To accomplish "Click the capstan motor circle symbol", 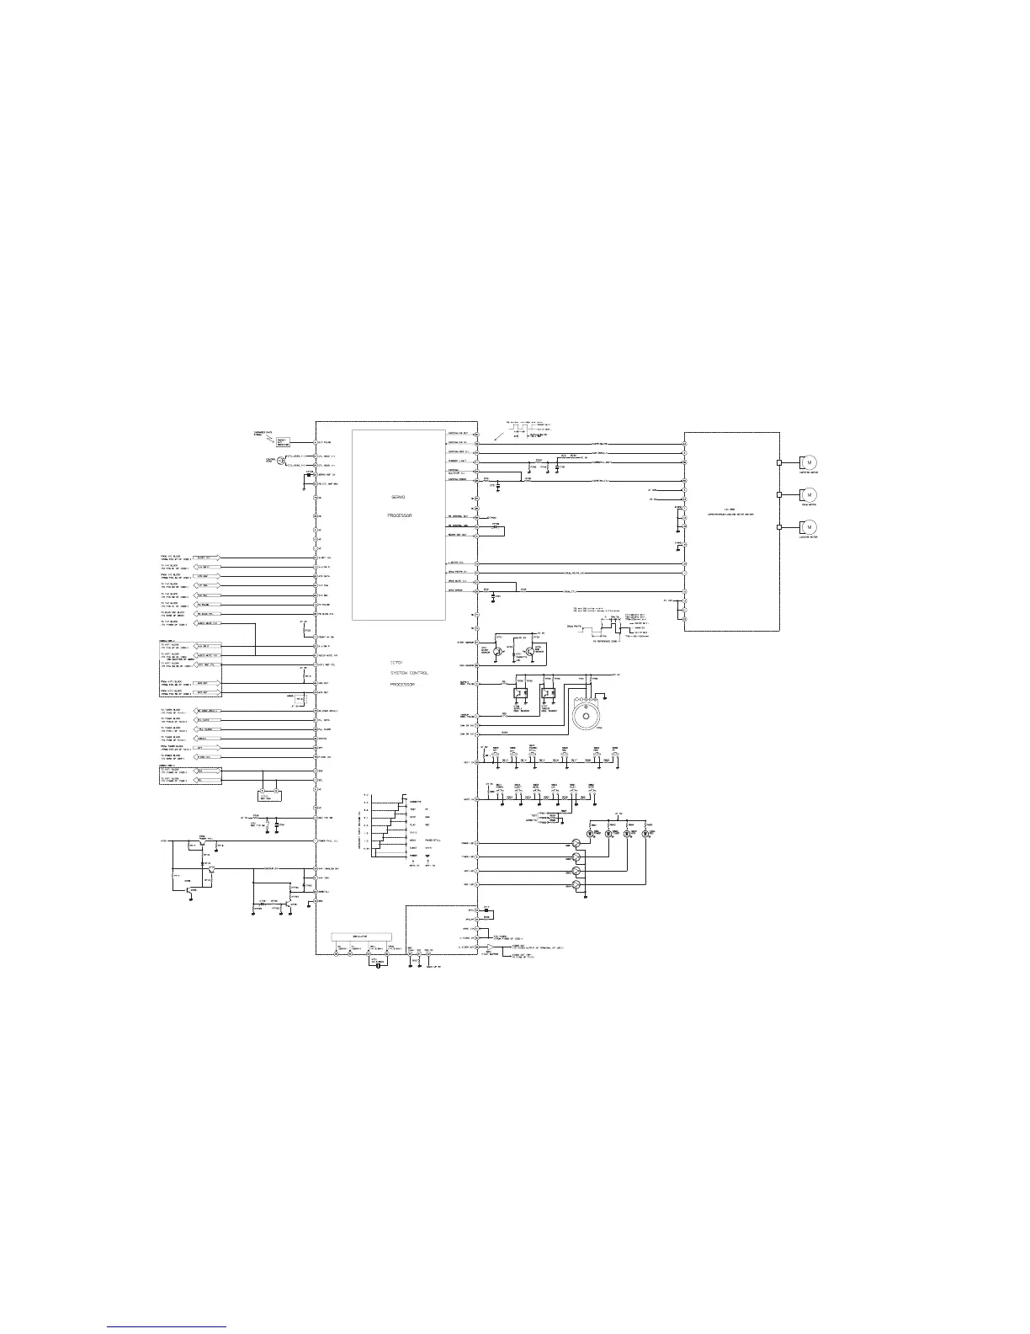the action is [x=809, y=462].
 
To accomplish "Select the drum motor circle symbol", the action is [x=809, y=494].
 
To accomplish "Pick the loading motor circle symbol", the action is [x=809, y=527].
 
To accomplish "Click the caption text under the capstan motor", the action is [x=809, y=475].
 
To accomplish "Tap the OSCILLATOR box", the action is [x=362, y=936].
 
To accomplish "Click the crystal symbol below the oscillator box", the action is [x=379, y=965].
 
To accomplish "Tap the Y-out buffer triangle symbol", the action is [x=489, y=947].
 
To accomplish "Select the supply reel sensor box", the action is [x=522, y=694].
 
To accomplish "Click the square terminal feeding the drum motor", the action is [x=780, y=494].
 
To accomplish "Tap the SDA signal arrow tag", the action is [x=207, y=771].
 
